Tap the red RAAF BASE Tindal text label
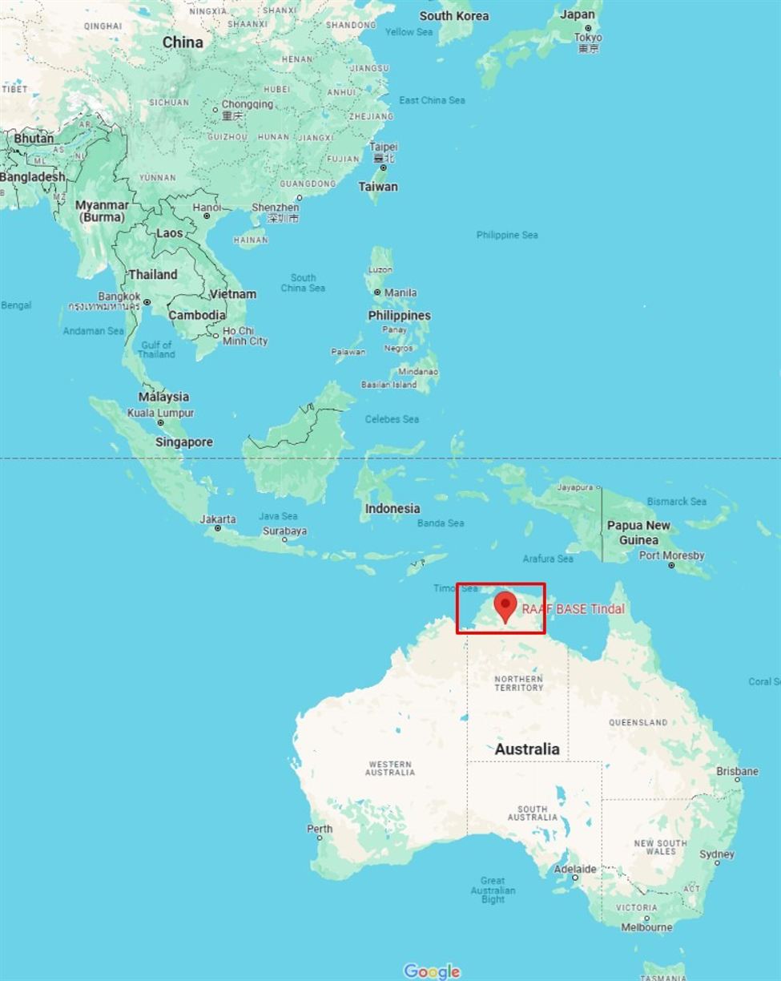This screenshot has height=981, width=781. coord(573,609)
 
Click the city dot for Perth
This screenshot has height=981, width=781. coord(320,838)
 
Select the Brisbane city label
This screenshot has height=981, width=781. coord(737,771)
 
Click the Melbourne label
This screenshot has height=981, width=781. coord(646,927)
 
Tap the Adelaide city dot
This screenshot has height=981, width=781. coord(574,878)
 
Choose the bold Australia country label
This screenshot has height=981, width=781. coord(527,749)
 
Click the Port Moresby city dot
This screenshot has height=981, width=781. coord(671,565)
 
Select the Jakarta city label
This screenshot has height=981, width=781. coord(218,519)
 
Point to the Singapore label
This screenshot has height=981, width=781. coord(184,442)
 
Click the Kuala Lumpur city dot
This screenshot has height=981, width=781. coord(160,422)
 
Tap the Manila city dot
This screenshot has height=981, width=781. coord(377,293)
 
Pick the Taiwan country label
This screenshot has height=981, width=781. coord(378,186)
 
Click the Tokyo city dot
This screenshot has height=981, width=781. coord(588,28)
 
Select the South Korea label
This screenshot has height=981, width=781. coord(453,16)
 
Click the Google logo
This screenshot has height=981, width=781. coord(432,971)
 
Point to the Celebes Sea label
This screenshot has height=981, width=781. coord(392,419)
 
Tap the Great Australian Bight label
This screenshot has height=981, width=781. coord(493,890)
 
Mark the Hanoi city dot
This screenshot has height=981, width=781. coord(207,216)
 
